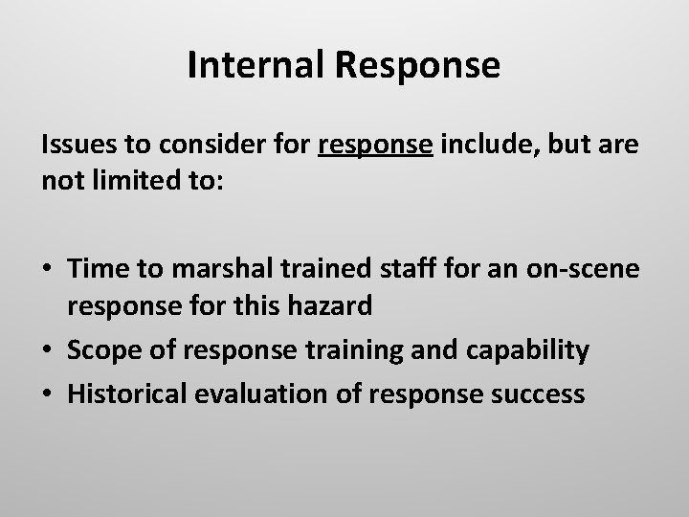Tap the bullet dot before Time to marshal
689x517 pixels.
(x=47, y=271)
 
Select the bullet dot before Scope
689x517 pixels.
(x=47, y=351)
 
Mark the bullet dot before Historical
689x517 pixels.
(x=47, y=393)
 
